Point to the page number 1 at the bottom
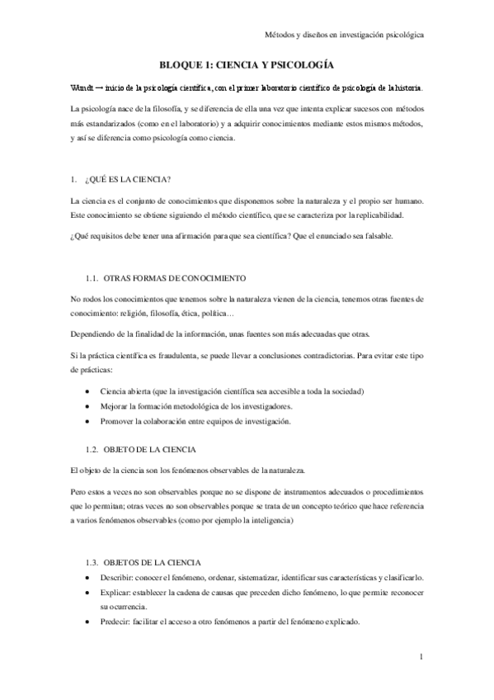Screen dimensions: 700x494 420,657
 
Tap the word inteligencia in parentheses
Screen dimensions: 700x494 252,522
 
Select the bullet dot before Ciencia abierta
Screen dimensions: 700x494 88,390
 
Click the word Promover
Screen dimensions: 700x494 117,420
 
